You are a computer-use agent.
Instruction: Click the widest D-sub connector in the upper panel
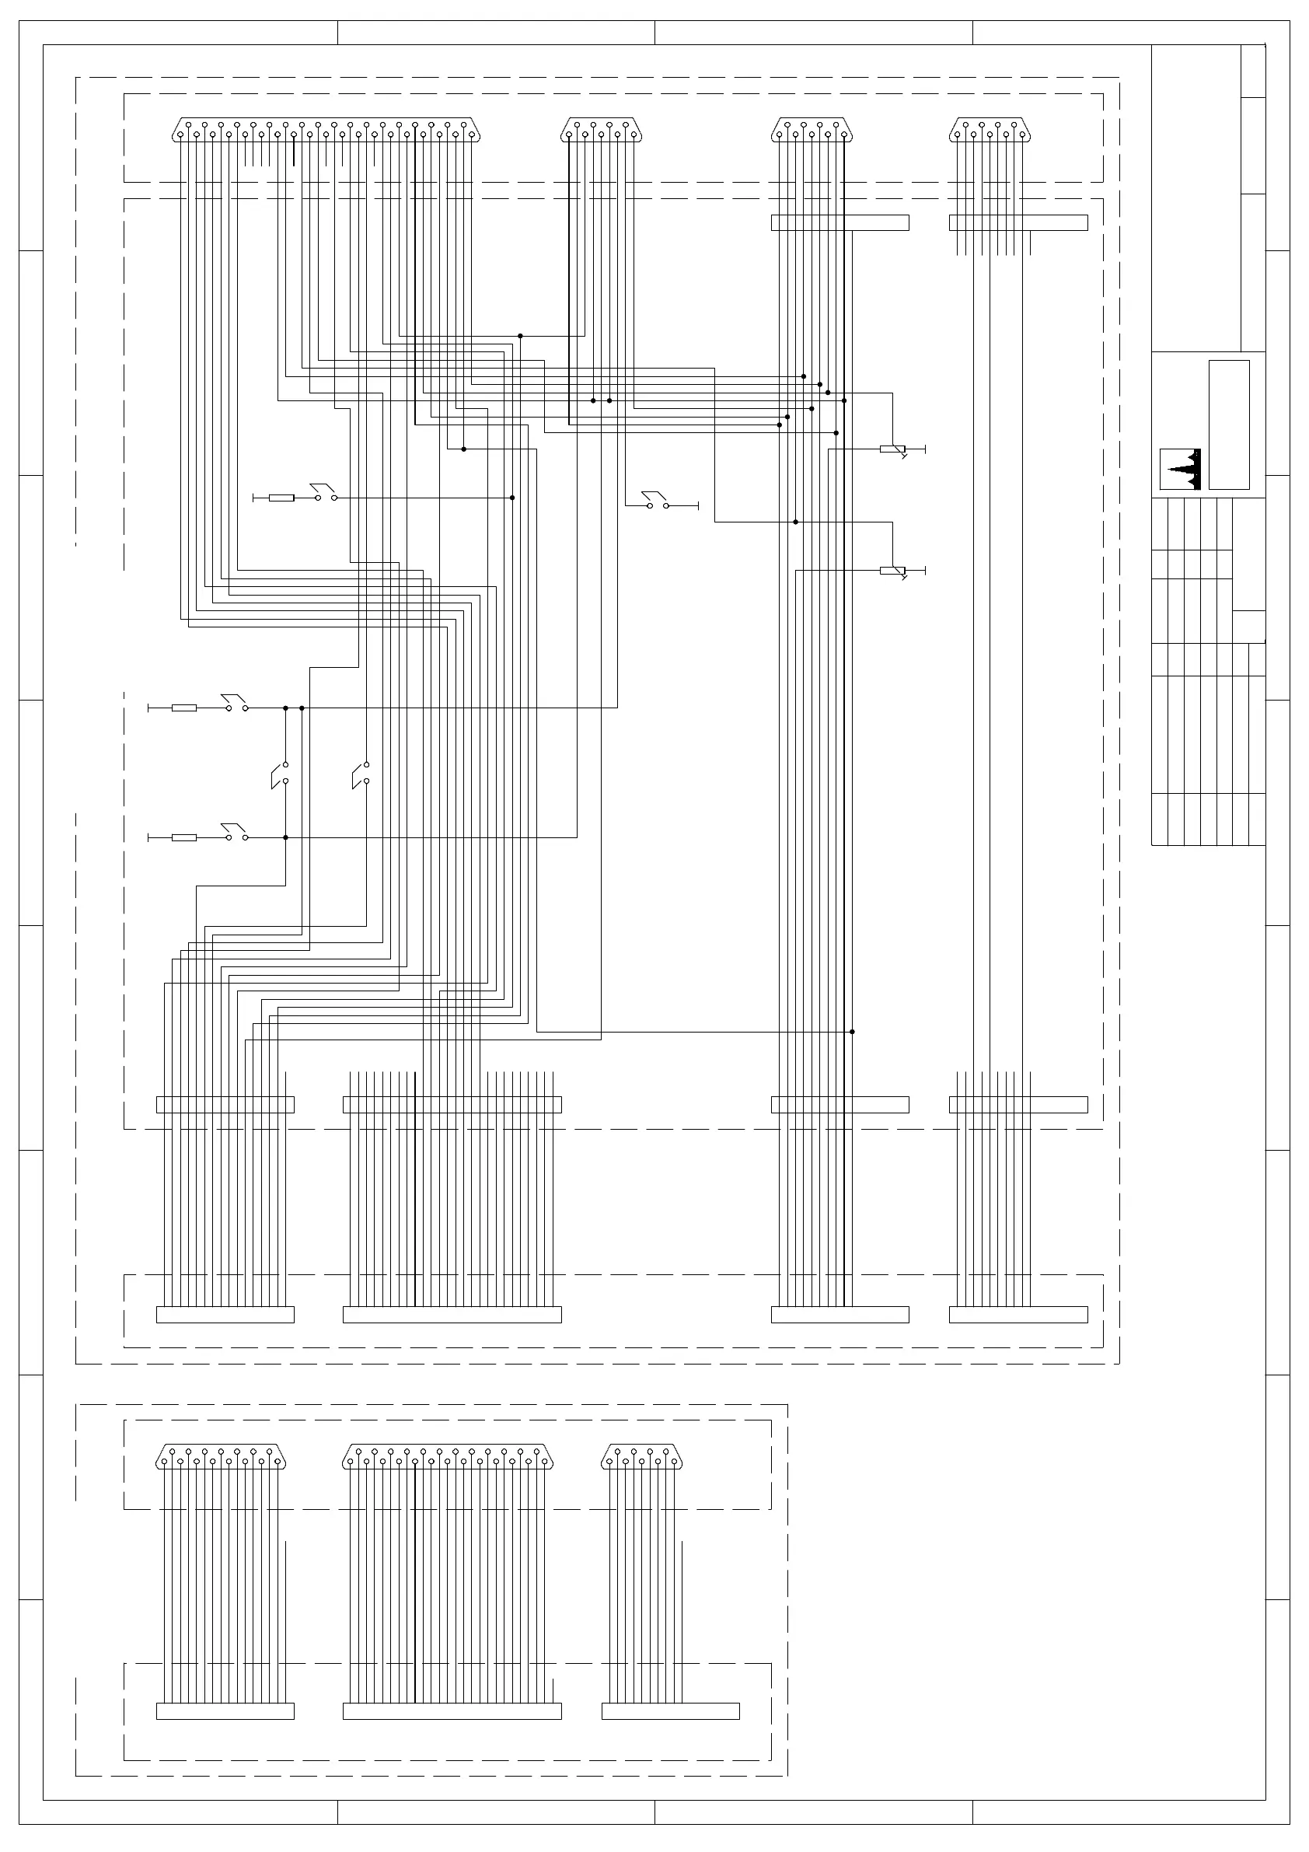(x=326, y=130)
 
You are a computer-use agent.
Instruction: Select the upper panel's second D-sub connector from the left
(x=601, y=130)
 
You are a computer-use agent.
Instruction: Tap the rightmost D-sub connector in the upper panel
(x=990, y=130)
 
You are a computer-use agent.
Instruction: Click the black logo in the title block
(x=1180, y=469)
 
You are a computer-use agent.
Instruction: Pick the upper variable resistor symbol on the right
(x=893, y=449)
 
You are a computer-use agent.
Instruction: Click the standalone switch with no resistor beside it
(x=658, y=501)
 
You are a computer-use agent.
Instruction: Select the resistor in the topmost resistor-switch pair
(x=281, y=498)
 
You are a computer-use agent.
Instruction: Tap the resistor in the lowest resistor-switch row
(x=184, y=838)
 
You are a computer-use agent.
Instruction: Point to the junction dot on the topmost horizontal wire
(x=520, y=336)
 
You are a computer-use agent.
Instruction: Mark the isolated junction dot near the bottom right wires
(x=853, y=1032)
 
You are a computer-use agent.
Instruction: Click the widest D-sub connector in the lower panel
(x=448, y=1457)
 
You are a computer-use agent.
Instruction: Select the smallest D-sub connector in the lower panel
(x=642, y=1457)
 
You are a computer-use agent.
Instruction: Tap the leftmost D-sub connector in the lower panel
(x=221, y=1457)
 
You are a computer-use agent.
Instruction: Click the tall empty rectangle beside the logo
(x=1229, y=425)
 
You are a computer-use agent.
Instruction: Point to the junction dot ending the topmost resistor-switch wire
(x=512, y=498)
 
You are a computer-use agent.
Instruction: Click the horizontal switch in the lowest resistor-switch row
(x=236, y=834)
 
